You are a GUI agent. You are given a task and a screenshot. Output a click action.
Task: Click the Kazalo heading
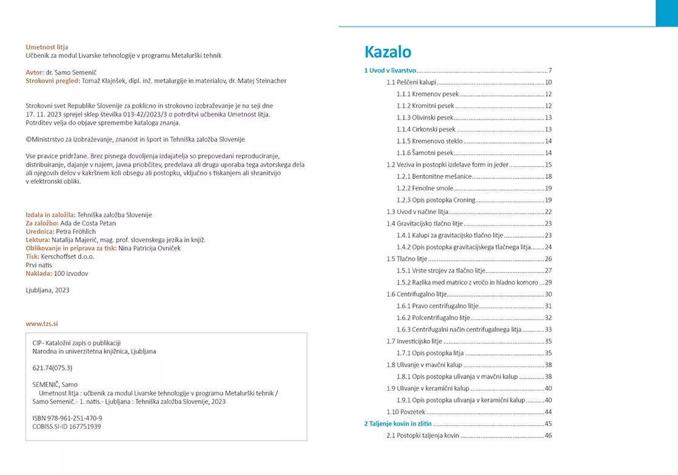pyautogui.click(x=388, y=52)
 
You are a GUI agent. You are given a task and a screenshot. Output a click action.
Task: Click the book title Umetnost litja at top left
pyautogui.click(x=47, y=47)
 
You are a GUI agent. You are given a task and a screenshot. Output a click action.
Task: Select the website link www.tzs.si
pyautogui.click(x=42, y=323)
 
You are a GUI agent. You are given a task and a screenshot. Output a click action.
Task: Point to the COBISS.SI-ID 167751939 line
pyautogui.click(x=66, y=426)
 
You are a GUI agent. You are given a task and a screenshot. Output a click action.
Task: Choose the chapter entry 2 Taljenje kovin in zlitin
pyautogui.click(x=398, y=423)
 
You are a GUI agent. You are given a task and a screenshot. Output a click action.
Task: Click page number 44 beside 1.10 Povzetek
pyautogui.click(x=548, y=412)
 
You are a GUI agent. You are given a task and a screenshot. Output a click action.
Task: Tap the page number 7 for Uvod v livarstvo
pyautogui.click(x=549, y=70)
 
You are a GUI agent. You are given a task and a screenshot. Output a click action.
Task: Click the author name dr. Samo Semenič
pyautogui.click(x=72, y=72)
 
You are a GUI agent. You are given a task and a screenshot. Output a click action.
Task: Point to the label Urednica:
pyautogui.click(x=40, y=231)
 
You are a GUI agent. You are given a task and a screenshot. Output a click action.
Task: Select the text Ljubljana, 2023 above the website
pyautogui.click(x=47, y=290)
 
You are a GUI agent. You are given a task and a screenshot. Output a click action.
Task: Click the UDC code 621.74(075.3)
pyautogui.click(x=52, y=368)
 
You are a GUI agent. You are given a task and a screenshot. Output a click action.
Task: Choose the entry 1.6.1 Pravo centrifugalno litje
pyautogui.click(x=437, y=306)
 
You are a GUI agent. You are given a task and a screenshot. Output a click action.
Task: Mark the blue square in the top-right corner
pyautogui.click(x=666, y=13)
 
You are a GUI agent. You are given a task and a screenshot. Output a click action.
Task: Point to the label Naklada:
pyautogui.click(x=39, y=274)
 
